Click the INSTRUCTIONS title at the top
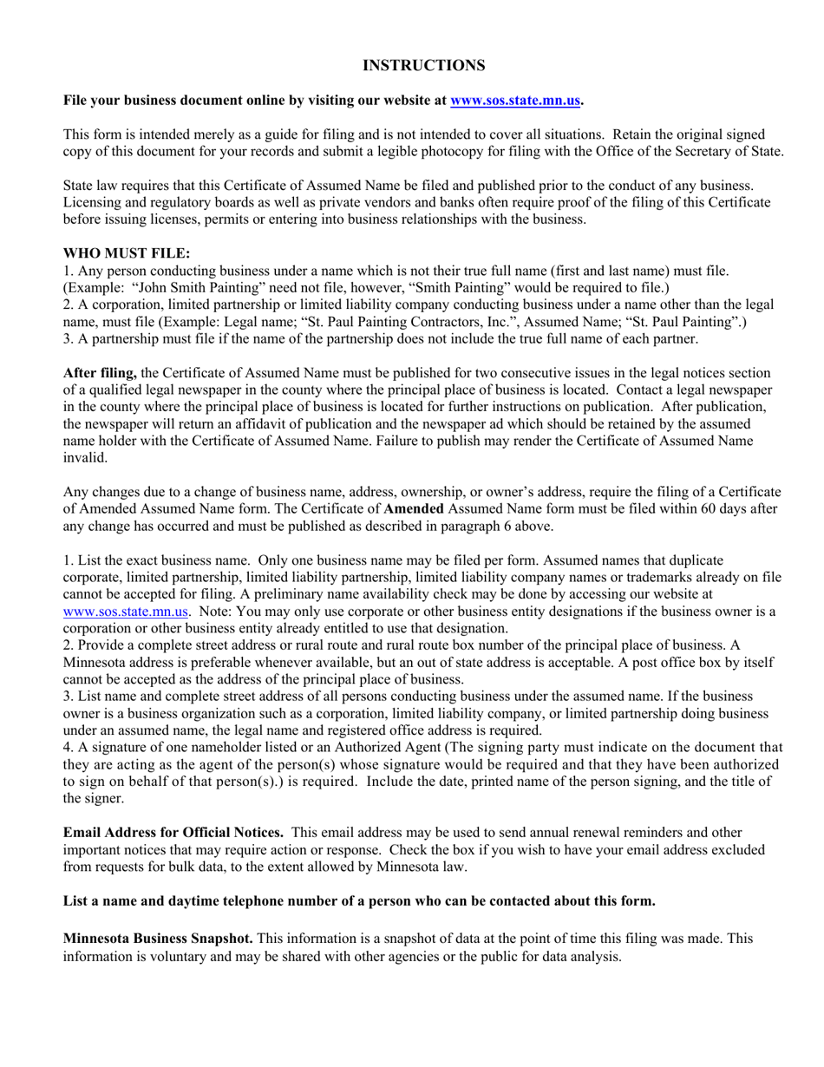coord(423,66)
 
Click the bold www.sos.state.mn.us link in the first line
coord(515,101)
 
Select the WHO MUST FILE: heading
coord(127,253)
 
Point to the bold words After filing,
coord(100,373)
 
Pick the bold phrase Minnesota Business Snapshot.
coord(158,939)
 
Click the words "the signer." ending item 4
coord(94,797)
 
